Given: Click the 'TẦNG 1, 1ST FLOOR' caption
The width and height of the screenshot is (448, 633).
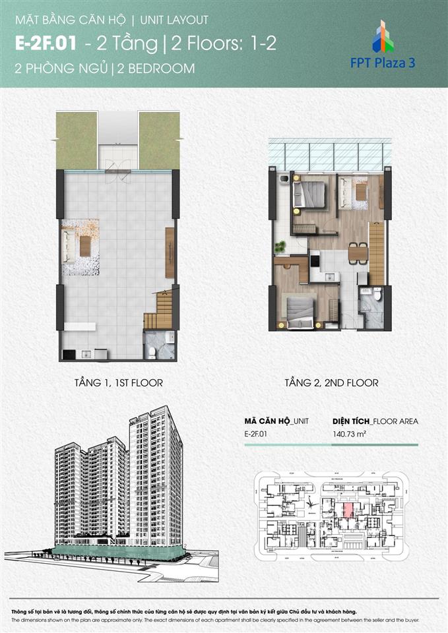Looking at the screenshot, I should (x=119, y=382).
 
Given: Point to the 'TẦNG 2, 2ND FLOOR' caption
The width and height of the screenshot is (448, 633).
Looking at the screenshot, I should (x=331, y=382).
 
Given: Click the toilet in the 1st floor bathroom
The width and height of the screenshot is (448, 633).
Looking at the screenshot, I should (x=152, y=352).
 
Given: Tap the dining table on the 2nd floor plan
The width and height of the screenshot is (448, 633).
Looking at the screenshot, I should (x=357, y=253).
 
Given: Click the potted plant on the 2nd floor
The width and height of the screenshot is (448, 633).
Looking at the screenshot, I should (x=281, y=247).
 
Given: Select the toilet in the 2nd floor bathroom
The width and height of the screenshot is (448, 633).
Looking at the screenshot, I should (x=377, y=295).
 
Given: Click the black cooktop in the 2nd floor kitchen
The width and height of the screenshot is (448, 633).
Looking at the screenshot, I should (x=315, y=258).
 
